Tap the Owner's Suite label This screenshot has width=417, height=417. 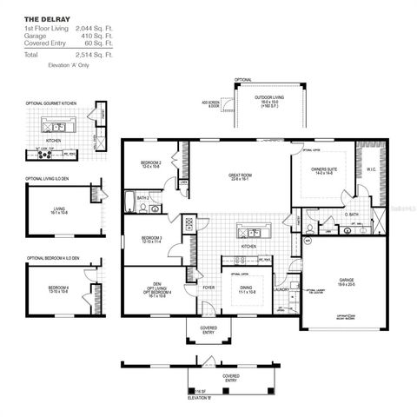point(324,171)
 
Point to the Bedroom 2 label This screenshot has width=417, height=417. point(152,164)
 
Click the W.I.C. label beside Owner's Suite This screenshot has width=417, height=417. point(371,170)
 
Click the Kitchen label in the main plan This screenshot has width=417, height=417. point(248,247)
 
